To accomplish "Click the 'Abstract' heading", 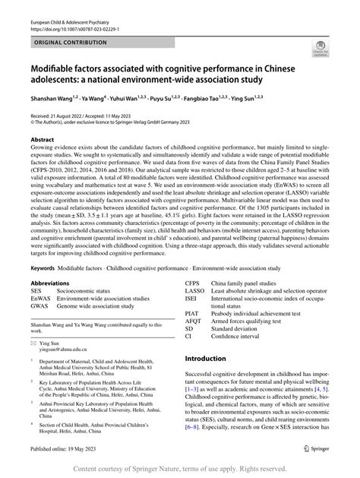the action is click(43, 140).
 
